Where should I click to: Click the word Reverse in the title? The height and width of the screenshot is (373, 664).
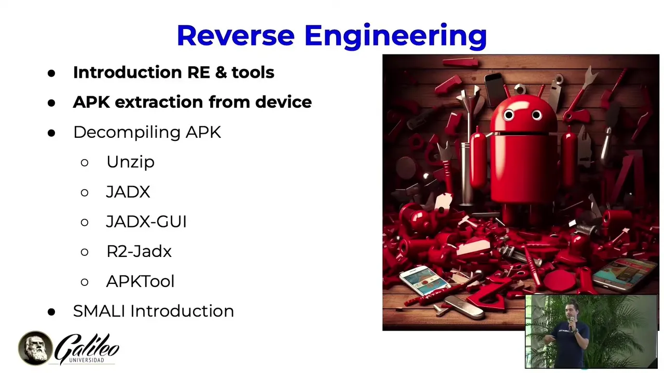pos(236,35)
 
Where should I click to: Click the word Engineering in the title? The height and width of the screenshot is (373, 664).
pos(396,37)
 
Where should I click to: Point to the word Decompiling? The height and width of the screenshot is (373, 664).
pos(127,133)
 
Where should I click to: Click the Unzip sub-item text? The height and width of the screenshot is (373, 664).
pos(130,162)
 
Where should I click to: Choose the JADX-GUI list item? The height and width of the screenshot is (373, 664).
pos(146,221)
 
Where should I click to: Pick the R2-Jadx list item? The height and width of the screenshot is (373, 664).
pos(139,251)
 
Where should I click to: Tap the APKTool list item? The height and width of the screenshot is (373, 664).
pos(140,281)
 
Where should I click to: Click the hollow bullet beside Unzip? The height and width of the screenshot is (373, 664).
pos(85,163)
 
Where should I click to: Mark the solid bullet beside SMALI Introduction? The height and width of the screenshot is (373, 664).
pos(51,312)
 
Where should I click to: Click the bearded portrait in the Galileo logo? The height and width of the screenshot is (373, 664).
pos(36,348)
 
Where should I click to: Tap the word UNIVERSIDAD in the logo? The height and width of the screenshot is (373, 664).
pos(87,360)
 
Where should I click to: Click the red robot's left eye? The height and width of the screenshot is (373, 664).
pos(509,114)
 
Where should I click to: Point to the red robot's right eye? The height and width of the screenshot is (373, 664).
pos(536,114)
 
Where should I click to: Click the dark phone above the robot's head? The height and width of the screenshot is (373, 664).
pos(495,88)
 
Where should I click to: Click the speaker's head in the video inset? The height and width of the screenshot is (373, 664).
pos(571,310)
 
